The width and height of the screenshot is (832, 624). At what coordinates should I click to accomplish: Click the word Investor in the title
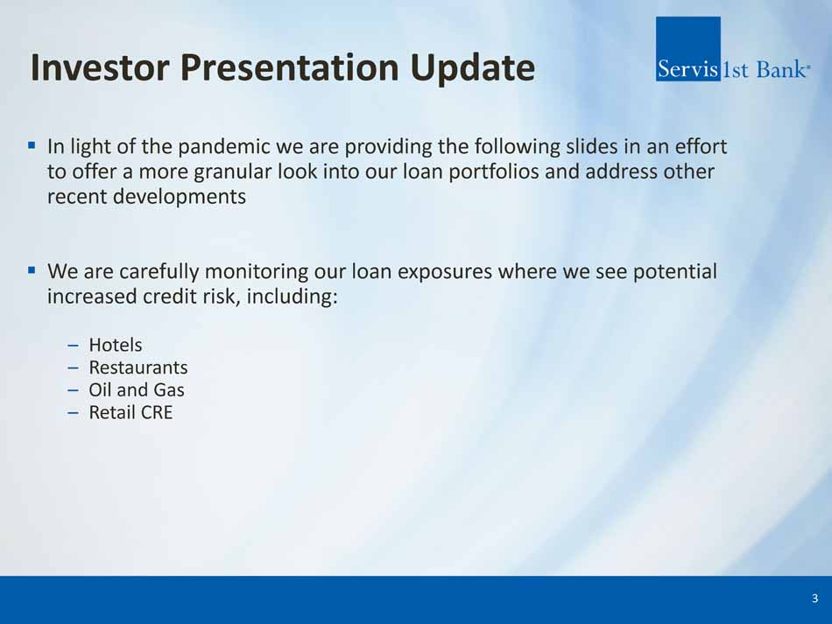pos(100,67)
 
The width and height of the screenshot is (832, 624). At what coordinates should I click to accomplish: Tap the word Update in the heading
pos(472,69)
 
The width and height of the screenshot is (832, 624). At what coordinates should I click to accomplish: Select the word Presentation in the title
pos(290,67)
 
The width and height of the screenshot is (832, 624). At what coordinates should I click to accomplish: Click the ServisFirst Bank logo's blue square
pos(688,49)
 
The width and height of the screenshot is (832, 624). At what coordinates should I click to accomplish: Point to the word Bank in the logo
pos(780,69)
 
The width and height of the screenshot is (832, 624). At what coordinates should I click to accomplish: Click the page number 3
pos(815,599)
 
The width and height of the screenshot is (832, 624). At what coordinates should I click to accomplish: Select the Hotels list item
pos(115,345)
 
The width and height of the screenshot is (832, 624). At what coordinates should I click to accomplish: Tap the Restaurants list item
pos(138,368)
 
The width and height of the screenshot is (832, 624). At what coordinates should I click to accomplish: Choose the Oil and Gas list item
pos(137,390)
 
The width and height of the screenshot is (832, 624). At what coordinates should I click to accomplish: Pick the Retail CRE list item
pos(130,412)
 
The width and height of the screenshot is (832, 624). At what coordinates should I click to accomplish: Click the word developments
pos(180,197)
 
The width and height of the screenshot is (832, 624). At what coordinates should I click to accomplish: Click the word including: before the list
pos(292,297)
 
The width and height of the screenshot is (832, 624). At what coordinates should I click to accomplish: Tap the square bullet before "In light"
pos(32,144)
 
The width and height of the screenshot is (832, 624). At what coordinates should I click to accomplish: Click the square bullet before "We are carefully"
pos(32,270)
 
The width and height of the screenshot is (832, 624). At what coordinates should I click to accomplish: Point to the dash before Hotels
pos(74,346)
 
